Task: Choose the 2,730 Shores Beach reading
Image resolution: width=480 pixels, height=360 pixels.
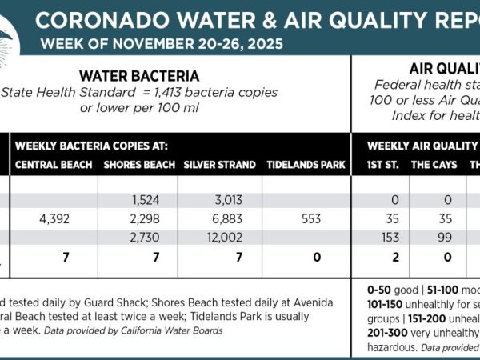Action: (x=140, y=238)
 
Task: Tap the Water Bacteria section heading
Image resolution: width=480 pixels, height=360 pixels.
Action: (x=139, y=76)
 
